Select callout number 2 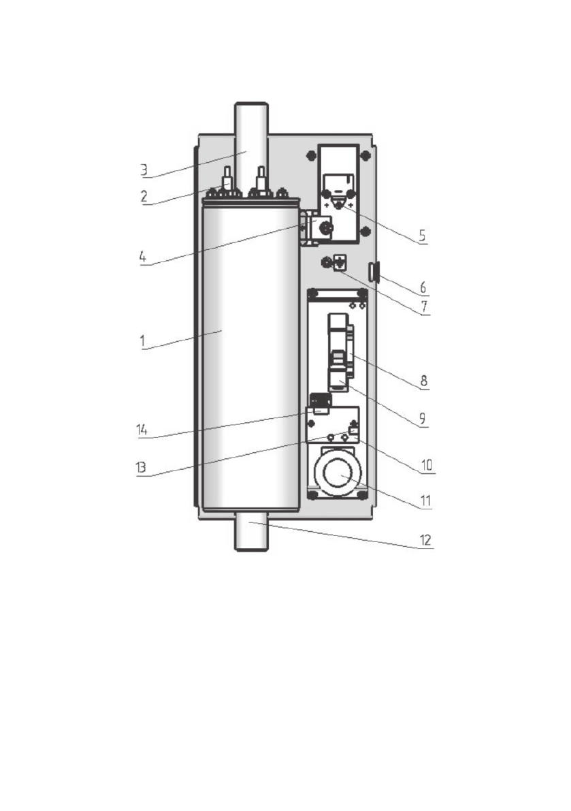point(144,195)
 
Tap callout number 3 point(144,168)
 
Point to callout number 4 point(144,258)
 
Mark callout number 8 point(423,379)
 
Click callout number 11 point(425,501)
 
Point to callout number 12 point(426,541)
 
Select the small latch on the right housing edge point(373,272)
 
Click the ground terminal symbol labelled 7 point(336,260)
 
